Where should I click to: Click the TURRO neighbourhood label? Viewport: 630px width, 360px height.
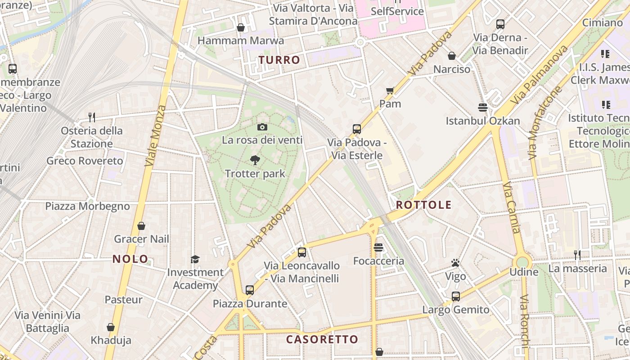tap(279, 60)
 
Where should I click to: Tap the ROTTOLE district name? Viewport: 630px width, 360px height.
tap(423, 205)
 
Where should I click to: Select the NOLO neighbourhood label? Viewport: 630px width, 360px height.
tap(130, 259)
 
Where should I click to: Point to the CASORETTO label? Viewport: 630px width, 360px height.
tap(322, 339)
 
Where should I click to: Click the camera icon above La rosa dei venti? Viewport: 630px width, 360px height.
tap(262, 127)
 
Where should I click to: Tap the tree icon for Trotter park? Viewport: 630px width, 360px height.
tap(255, 160)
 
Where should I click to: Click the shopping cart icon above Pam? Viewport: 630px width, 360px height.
tap(390, 90)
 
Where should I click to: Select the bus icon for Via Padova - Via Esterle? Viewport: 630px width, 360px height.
tap(357, 129)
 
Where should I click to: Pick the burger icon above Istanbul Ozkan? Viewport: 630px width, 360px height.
tap(483, 108)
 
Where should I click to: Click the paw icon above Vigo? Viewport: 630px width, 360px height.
tap(455, 263)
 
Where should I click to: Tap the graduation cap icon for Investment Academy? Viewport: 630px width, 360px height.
tap(195, 259)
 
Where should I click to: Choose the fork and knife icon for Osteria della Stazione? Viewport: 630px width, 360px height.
tap(92, 117)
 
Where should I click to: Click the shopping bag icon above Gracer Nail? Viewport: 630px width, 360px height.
tap(141, 225)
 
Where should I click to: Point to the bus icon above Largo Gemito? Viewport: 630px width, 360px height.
tap(456, 297)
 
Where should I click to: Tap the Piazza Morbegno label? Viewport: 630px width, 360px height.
tap(87, 206)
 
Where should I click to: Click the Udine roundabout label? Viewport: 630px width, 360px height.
tap(524, 272)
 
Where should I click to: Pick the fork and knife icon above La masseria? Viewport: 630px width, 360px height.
tap(577, 255)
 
